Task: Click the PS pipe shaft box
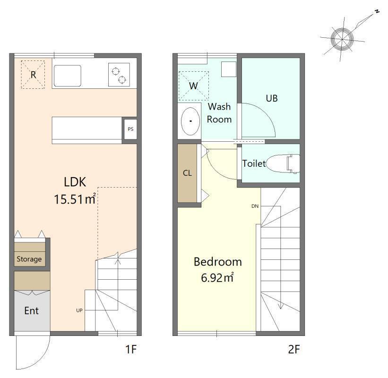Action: [x=130, y=129]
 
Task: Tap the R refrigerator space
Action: [x=33, y=75]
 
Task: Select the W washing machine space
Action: [x=193, y=86]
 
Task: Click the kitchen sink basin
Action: [x=67, y=76]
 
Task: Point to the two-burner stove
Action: [x=119, y=75]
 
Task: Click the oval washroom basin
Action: [x=190, y=121]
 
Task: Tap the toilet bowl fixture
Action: [x=283, y=163]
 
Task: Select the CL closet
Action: [x=187, y=173]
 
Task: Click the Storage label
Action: [x=29, y=259]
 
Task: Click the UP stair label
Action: [x=79, y=310]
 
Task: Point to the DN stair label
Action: [x=255, y=206]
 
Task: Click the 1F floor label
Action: [x=131, y=349]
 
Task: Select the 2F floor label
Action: [x=294, y=349]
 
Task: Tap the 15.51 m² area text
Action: [x=75, y=199]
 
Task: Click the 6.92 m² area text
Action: [x=217, y=277]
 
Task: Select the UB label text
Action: [x=272, y=98]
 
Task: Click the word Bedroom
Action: [x=218, y=262]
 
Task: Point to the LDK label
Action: [x=75, y=182]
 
